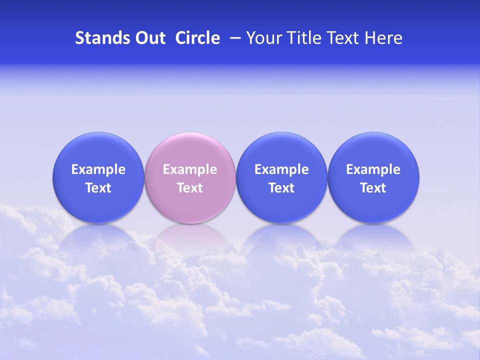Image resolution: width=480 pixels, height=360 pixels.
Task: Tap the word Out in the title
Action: pyautogui.click(x=149, y=38)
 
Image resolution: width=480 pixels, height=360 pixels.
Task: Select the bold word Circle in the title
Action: pyautogui.click(x=197, y=38)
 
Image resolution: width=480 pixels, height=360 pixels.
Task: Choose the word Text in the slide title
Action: pyautogui.click(x=340, y=38)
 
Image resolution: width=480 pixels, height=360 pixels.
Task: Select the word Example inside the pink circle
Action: pyautogui.click(x=190, y=169)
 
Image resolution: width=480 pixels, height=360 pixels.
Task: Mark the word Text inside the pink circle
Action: pyautogui.click(x=190, y=188)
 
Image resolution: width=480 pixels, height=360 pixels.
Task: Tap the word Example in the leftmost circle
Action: pyautogui.click(x=98, y=169)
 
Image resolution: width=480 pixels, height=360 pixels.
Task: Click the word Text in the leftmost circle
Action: pyautogui.click(x=98, y=188)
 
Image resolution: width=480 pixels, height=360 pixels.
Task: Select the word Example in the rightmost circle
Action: pyautogui.click(x=373, y=169)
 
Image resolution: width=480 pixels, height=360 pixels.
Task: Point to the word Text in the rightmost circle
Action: pyautogui.click(x=373, y=188)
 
